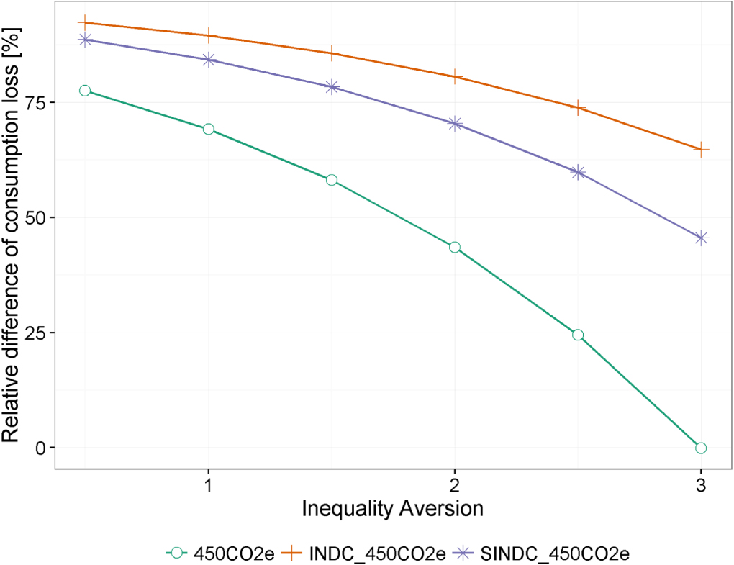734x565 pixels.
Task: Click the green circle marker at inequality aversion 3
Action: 701,448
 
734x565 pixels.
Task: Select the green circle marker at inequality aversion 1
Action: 209,129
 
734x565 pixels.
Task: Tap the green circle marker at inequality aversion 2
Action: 455,247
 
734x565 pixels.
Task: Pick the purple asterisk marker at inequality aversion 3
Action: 701,238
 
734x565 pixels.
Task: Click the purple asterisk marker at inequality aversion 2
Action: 455,124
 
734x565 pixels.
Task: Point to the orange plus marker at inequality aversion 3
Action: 701,149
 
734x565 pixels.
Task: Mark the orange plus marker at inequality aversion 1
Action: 209,35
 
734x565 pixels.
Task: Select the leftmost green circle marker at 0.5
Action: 85,91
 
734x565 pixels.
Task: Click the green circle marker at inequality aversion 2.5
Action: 578,335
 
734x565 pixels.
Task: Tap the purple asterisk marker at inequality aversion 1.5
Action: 332,87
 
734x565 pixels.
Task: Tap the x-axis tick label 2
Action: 455,484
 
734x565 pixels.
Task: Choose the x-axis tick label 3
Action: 701,484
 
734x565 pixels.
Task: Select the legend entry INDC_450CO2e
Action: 381,553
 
